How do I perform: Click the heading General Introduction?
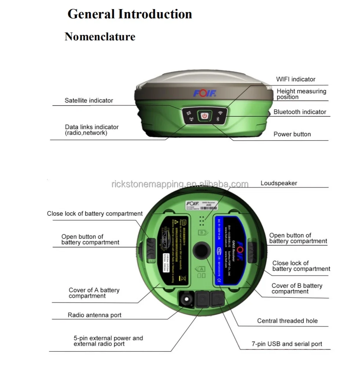[130, 14]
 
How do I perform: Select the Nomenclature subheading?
[100, 37]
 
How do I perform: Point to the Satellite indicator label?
[89, 100]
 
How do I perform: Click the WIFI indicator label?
[295, 79]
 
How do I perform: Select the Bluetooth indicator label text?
[299, 112]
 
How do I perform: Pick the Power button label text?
[292, 134]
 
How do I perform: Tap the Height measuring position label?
[301, 94]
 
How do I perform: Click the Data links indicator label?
[92, 130]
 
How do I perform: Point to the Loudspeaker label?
[279, 183]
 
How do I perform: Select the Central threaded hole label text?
[287, 321]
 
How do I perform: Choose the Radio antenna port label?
[94, 315]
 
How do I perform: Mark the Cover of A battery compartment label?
[94, 293]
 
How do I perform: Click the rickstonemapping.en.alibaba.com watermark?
[180, 184]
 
